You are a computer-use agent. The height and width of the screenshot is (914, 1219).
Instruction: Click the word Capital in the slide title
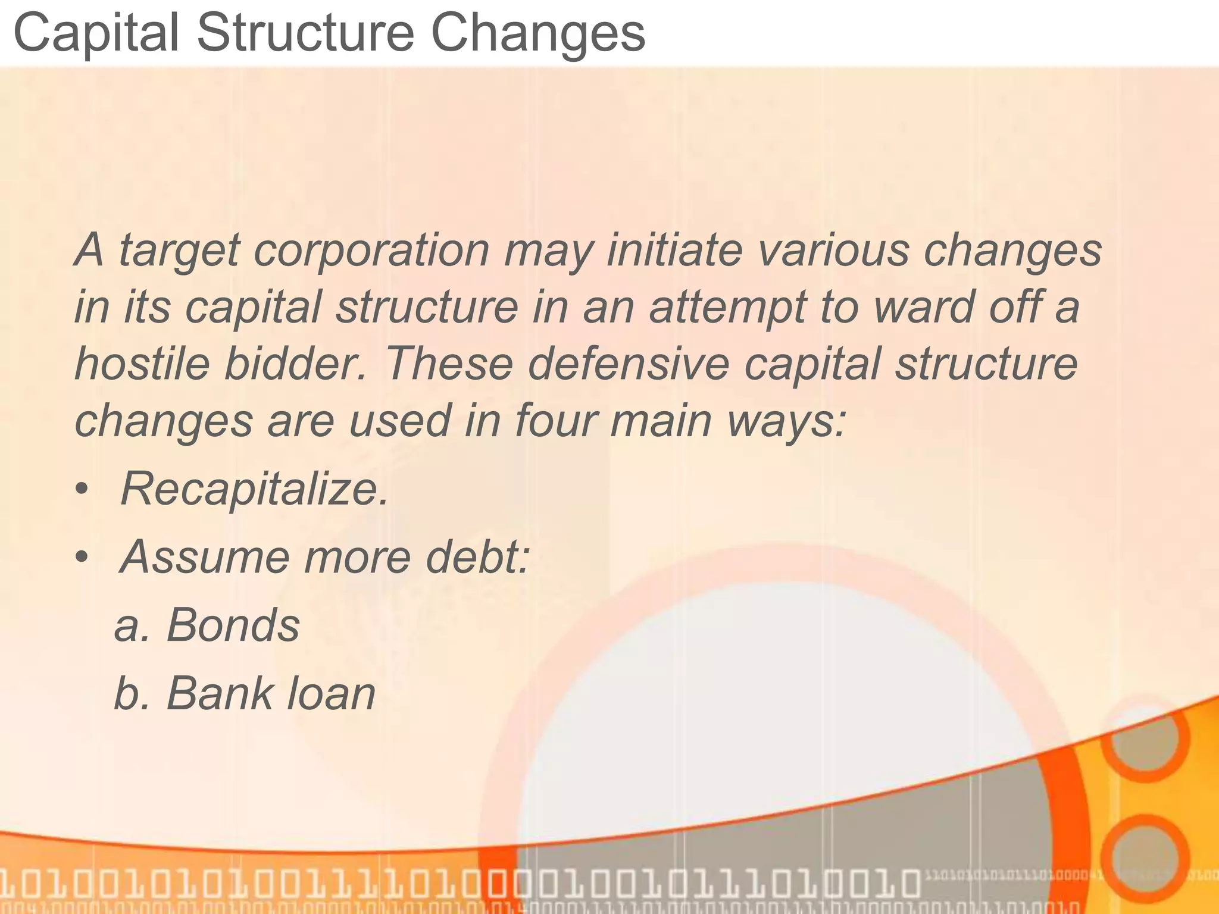point(95,34)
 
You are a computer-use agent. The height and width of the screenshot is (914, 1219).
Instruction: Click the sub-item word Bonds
point(233,625)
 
